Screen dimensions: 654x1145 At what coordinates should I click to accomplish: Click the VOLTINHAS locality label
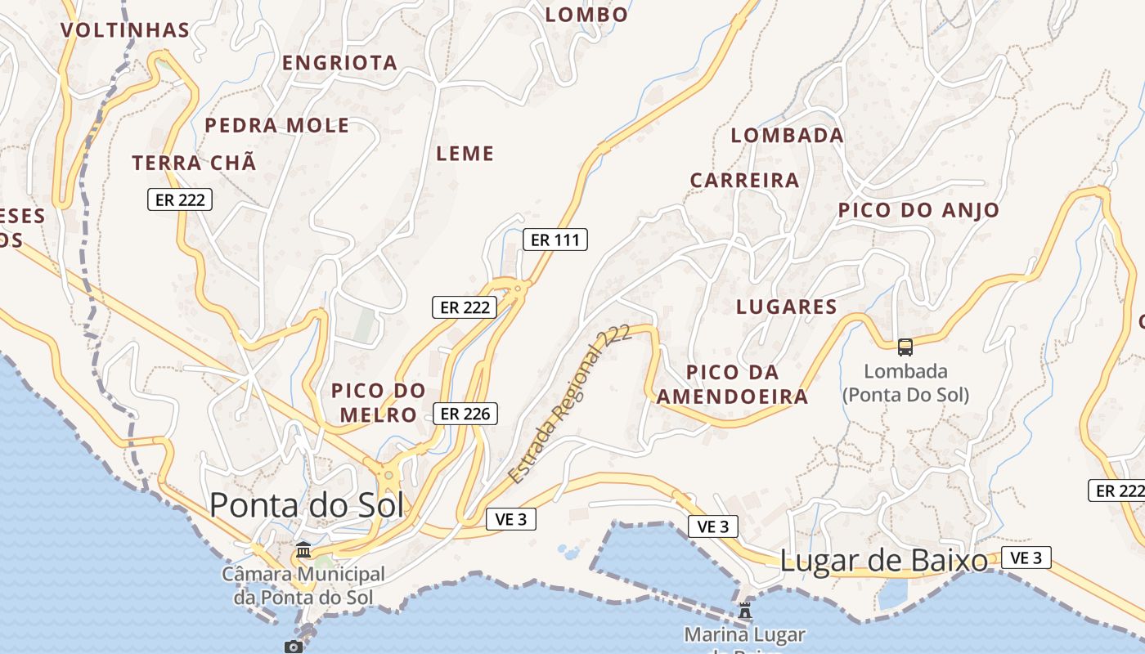click(x=125, y=31)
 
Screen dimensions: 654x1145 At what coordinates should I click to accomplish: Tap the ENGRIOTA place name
click(x=339, y=63)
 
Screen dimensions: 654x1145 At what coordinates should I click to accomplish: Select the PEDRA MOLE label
click(x=276, y=126)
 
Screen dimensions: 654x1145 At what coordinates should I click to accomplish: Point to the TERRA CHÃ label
click(x=195, y=163)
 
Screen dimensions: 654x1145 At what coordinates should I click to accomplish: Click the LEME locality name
click(x=465, y=154)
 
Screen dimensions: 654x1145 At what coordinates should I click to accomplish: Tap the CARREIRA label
click(x=744, y=181)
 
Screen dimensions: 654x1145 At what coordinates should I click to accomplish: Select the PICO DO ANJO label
click(x=918, y=210)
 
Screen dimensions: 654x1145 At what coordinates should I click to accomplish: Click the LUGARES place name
click(x=787, y=307)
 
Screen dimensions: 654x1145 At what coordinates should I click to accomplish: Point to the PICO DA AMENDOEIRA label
click(x=733, y=385)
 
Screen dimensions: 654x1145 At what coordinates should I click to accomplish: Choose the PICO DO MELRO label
click(x=379, y=402)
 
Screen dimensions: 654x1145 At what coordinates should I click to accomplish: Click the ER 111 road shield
click(x=555, y=240)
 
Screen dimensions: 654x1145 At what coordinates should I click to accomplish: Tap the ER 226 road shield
click(x=465, y=414)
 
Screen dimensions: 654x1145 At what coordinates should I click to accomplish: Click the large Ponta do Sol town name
click(x=307, y=505)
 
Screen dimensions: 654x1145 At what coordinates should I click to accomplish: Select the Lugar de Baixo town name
click(x=884, y=561)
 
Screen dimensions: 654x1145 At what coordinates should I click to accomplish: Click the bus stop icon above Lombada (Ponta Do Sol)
click(x=905, y=347)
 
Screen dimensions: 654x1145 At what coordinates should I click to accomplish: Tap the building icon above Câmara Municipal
click(x=303, y=550)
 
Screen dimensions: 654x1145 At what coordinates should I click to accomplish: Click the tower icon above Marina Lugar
click(x=744, y=611)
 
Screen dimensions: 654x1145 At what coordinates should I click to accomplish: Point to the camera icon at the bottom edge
click(x=294, y=647)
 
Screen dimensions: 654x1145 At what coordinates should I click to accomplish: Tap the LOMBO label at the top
click(x=586, y=15)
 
